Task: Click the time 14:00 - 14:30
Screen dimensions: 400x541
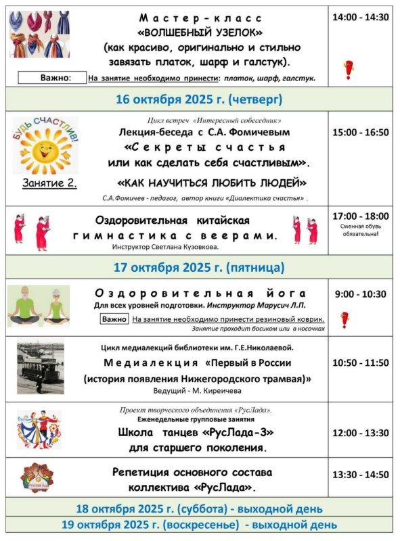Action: coord(360,18)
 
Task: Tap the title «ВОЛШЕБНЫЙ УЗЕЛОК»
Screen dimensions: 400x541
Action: coord(200,32)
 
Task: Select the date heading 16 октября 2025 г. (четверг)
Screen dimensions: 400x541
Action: coord(199,99)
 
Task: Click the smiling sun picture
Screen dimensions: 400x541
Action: coord(45,147)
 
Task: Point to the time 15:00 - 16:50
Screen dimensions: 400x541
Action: coord(360,133)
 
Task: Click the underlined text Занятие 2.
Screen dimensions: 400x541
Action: coord(49,183)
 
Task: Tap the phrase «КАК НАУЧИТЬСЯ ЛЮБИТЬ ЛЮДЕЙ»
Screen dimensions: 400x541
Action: coord(212,183)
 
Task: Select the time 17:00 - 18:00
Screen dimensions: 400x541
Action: coord(360,216)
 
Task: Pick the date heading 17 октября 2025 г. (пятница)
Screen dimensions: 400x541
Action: coord(199,267)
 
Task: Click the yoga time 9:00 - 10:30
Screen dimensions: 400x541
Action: coord(360,294)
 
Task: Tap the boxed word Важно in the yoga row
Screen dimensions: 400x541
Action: coord(114,319)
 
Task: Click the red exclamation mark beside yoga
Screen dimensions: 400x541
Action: coord(345,319)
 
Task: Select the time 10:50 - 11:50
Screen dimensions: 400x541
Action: coord(360,362)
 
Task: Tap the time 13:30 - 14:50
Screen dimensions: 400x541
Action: coord(360,475)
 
